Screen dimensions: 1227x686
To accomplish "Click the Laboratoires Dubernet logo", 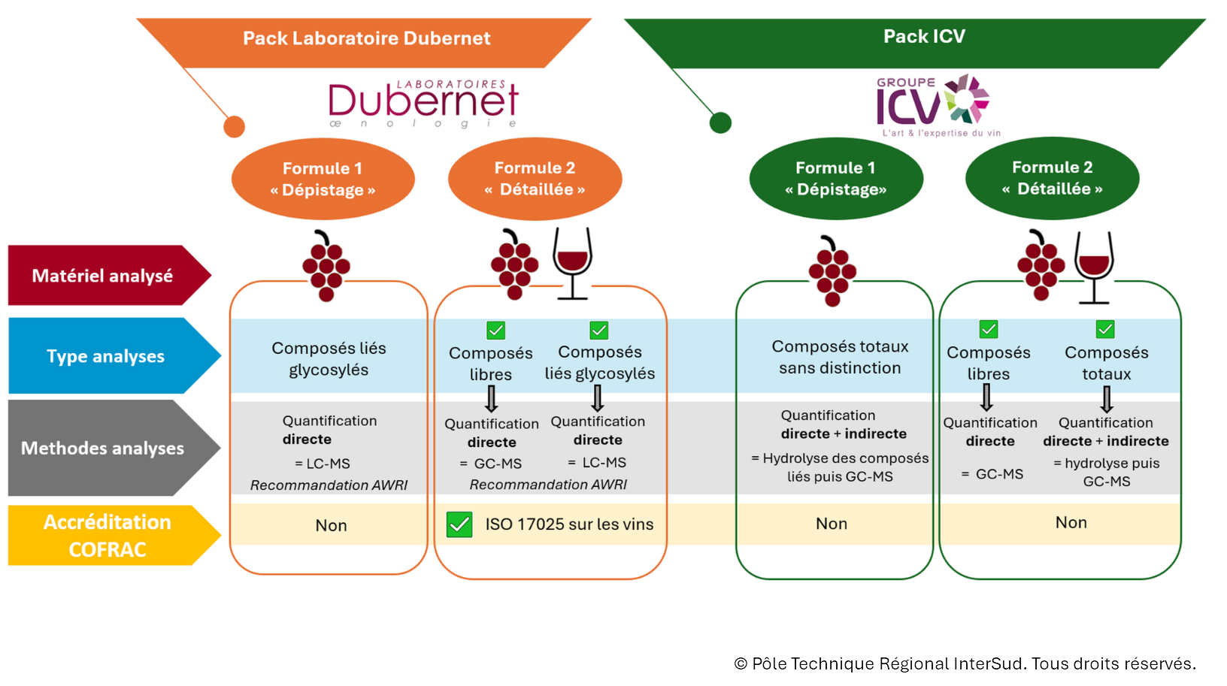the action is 423,104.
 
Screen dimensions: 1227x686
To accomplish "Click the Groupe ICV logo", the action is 938,106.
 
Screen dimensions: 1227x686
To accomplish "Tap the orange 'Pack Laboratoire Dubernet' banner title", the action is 366,38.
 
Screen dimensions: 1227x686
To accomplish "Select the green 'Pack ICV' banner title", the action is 924,36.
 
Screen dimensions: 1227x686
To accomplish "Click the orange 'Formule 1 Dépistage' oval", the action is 323,179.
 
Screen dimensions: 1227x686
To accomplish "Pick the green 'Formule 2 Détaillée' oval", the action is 1052,178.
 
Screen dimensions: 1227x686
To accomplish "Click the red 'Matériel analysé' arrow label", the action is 110,275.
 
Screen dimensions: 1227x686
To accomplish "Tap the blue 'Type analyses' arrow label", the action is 114,356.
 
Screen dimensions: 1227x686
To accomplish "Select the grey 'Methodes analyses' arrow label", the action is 114,448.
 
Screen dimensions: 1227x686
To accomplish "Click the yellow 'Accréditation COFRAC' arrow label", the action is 114,536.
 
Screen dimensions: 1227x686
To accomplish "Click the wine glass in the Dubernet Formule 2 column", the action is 572,263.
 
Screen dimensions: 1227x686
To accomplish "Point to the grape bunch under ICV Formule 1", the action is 832,270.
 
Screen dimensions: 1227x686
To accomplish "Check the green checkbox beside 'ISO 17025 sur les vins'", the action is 459,524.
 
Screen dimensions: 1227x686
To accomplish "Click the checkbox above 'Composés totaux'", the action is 1105,329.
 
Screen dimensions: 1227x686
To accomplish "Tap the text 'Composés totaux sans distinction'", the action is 840,357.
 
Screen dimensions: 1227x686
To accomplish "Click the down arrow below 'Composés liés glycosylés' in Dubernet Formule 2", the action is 598,398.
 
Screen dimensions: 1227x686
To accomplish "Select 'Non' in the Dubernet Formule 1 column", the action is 331,525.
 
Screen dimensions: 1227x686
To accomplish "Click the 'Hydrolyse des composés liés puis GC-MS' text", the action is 841,467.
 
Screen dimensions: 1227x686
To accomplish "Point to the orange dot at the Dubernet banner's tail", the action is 235,127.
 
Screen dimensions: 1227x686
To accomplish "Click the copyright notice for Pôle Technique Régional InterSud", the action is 965,663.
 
